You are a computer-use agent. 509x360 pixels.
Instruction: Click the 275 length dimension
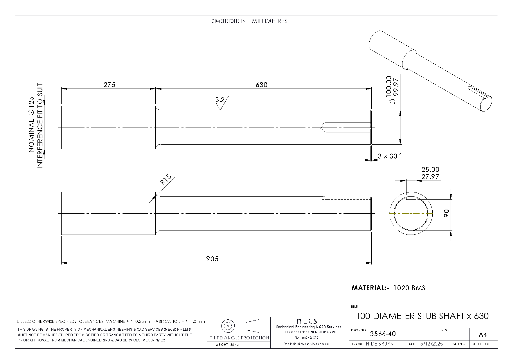tap(109, 84)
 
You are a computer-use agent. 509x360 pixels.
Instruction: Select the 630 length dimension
tap(262, 84)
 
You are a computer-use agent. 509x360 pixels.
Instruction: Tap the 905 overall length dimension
tap(212, 259)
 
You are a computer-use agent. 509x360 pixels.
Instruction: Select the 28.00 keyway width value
tap(430, 169)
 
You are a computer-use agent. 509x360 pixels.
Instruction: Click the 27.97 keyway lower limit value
tap(430, 177)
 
